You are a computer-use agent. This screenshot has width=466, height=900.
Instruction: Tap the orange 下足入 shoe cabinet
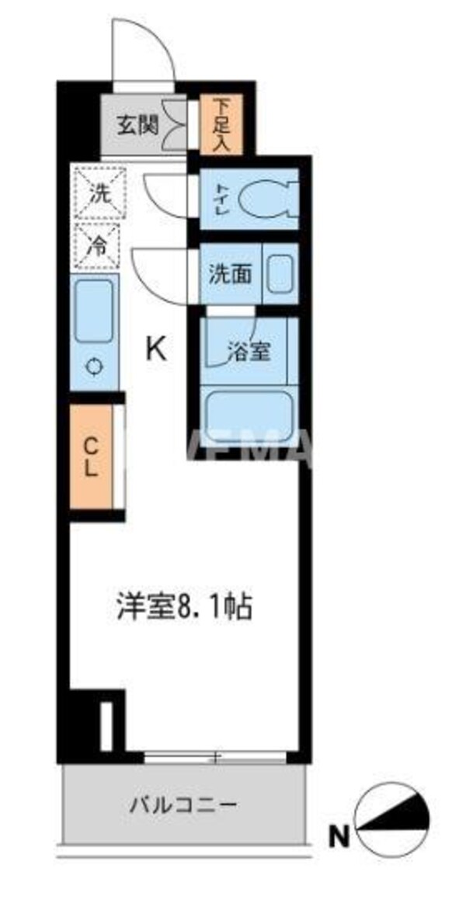(x=221, y=123)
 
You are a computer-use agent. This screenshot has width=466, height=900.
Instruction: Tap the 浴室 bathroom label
(x=249, y=351)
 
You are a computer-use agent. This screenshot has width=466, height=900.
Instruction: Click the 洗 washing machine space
(x=98, y=194)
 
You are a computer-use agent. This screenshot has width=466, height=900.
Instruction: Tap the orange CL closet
(x=91, y=458)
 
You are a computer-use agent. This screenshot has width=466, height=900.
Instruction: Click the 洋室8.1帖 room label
(x=184, y=607)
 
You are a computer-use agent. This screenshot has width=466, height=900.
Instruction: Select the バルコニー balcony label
(x=183, y=804)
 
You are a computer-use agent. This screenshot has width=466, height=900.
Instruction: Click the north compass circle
(x=391, y=816)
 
